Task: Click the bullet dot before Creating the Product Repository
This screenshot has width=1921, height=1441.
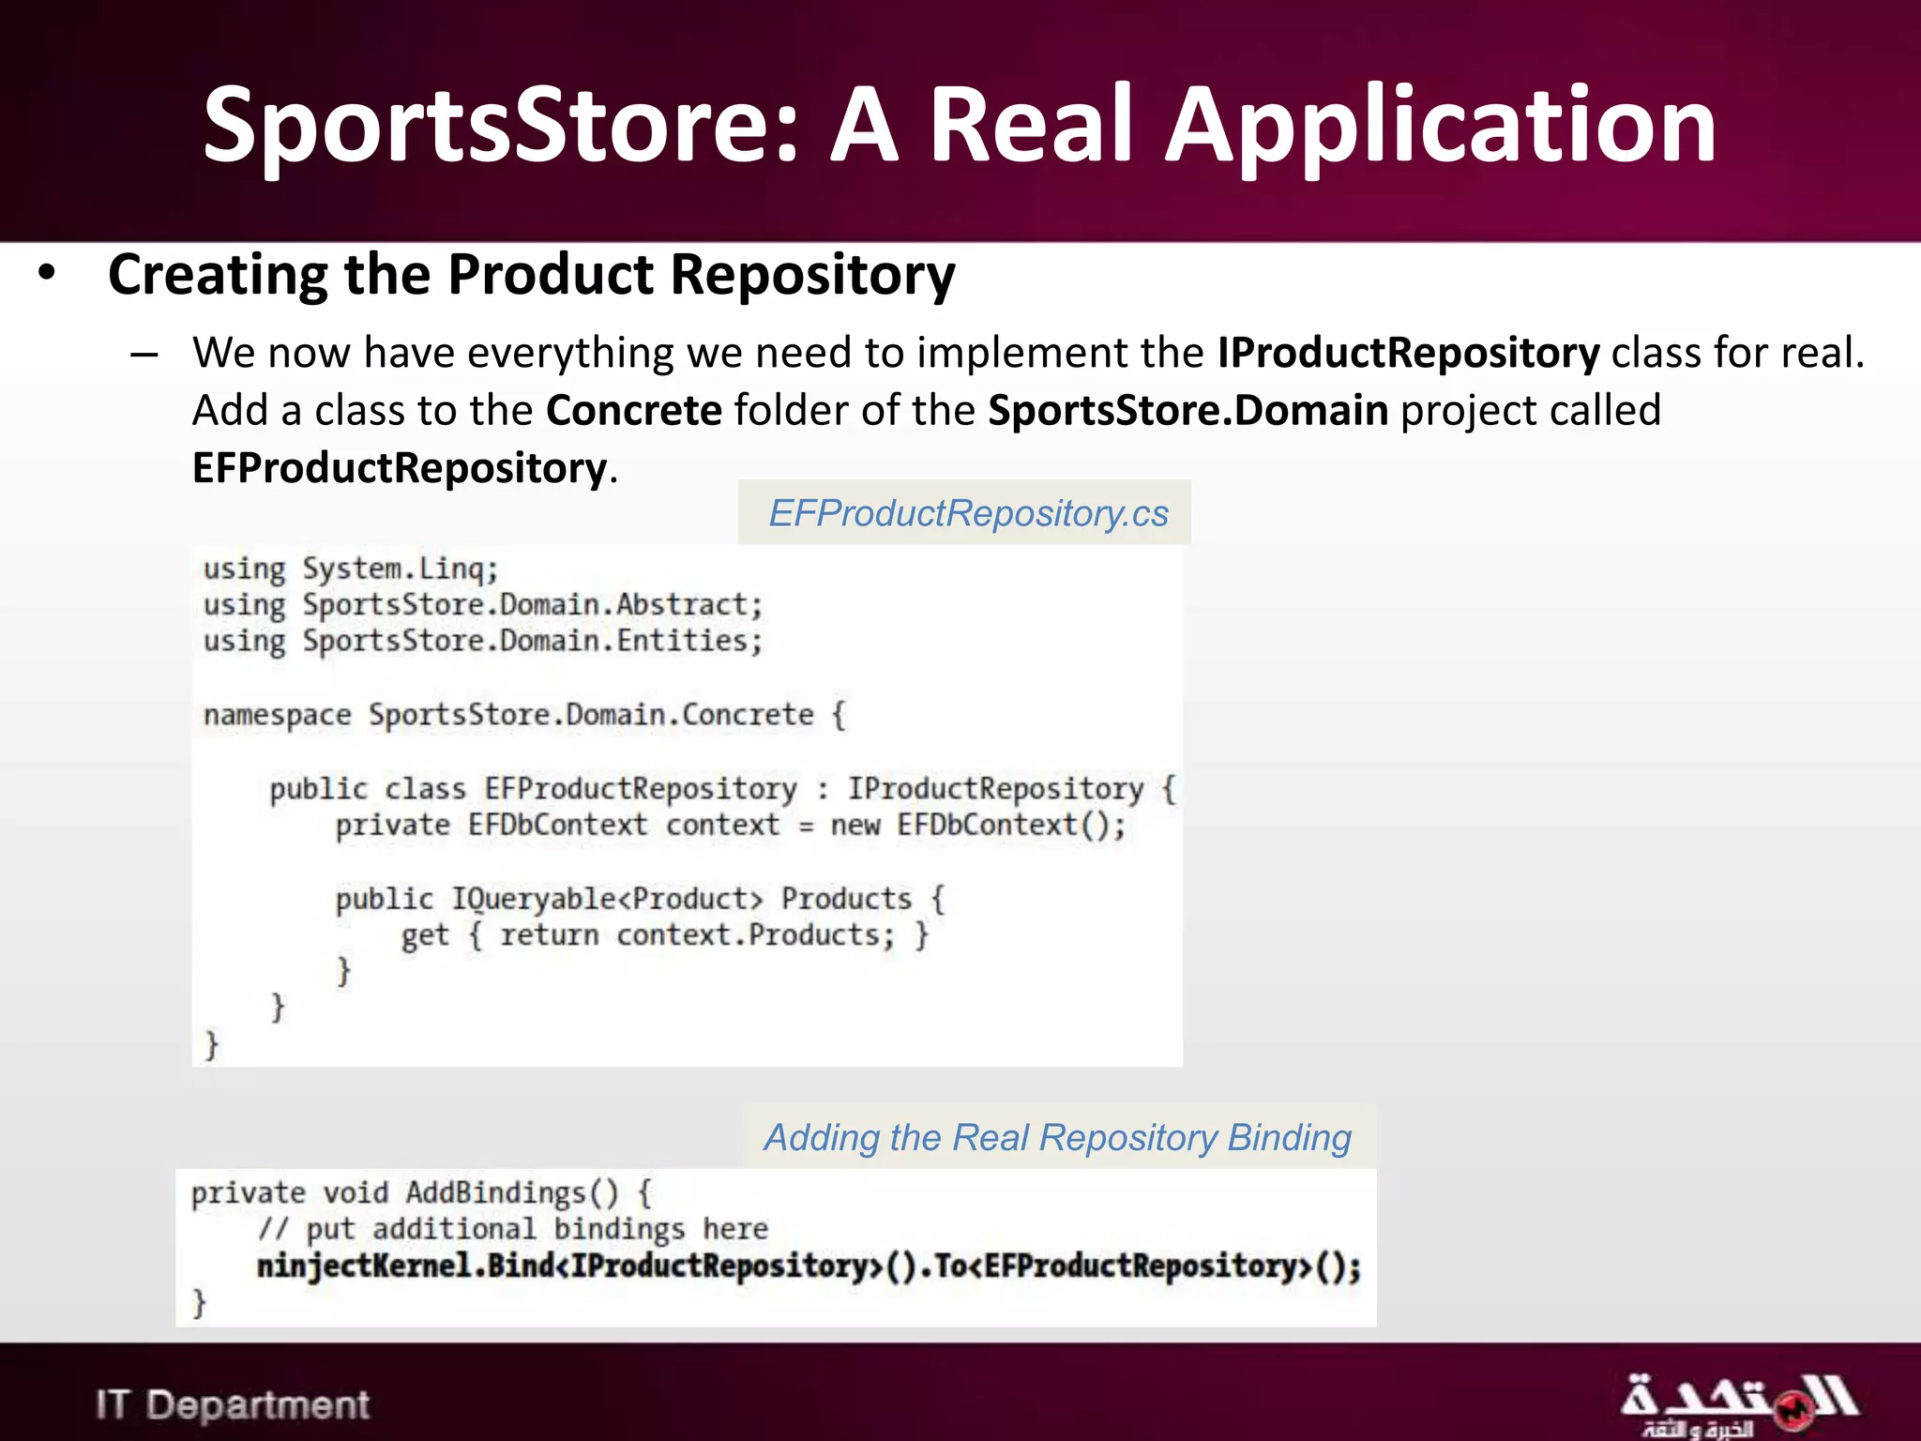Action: pyautogui.click(x=47, y=274)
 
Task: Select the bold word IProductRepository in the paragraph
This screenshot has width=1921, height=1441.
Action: pyautogui.click(x=1408, y=354)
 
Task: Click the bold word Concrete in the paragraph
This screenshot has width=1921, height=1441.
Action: pyautogui.click(x=634, y=411)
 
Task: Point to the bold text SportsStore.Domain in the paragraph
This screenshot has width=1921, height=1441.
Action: pyautogui.click(x=1187, y=411)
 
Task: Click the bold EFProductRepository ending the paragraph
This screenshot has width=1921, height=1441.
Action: pyautogui.click(x=400, y=468)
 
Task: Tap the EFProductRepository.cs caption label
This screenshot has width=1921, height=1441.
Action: pyautogui.click(x=968, y=513)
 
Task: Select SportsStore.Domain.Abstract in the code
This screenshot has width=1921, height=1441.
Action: pyautogui.click(x=532, y=605)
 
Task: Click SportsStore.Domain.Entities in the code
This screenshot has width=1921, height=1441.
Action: pyautogui.click(x=532, y=641)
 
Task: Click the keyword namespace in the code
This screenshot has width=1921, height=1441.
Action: pyautogui.click(x=278, y=715)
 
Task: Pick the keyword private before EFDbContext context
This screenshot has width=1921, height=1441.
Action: pyautogui.click(x=393, y=826)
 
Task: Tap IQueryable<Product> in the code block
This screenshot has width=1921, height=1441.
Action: pyautogui.click(x=607, y=899)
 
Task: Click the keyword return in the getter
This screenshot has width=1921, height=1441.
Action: pyautogui.click(x=549, y=935)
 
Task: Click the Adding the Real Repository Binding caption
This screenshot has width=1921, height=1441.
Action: pyautogui.click(x=1057, y=1137)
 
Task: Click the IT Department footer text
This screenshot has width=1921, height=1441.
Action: pyautogui.click(x=233, y=1404)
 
